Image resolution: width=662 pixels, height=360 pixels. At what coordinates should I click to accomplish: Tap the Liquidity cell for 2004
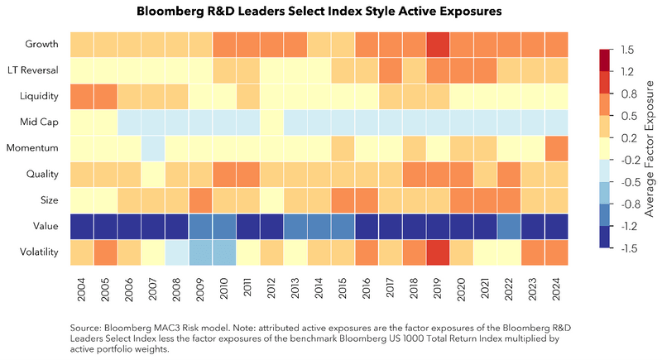(x=80, y=96)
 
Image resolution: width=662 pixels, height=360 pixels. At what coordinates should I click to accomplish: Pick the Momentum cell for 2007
(x=152, y=148)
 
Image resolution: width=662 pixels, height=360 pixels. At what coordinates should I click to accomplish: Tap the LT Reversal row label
(x=34, y=70)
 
